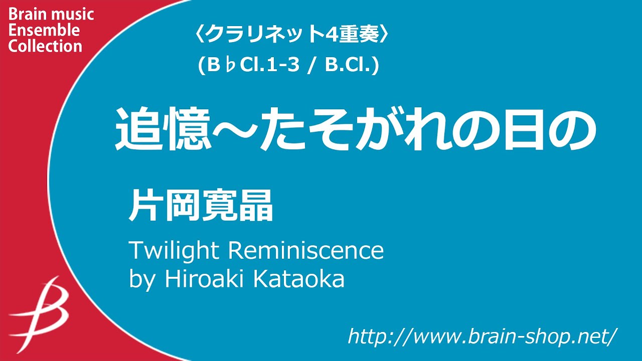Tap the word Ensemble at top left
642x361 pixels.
pyautogui.click(x=44, y=30)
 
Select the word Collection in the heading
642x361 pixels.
pyautogui.click(x=45, y=46)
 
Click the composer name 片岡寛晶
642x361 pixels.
pyautogui.click(x=201, y=206)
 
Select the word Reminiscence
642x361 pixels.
pyautogui.click(x=306, y=250)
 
